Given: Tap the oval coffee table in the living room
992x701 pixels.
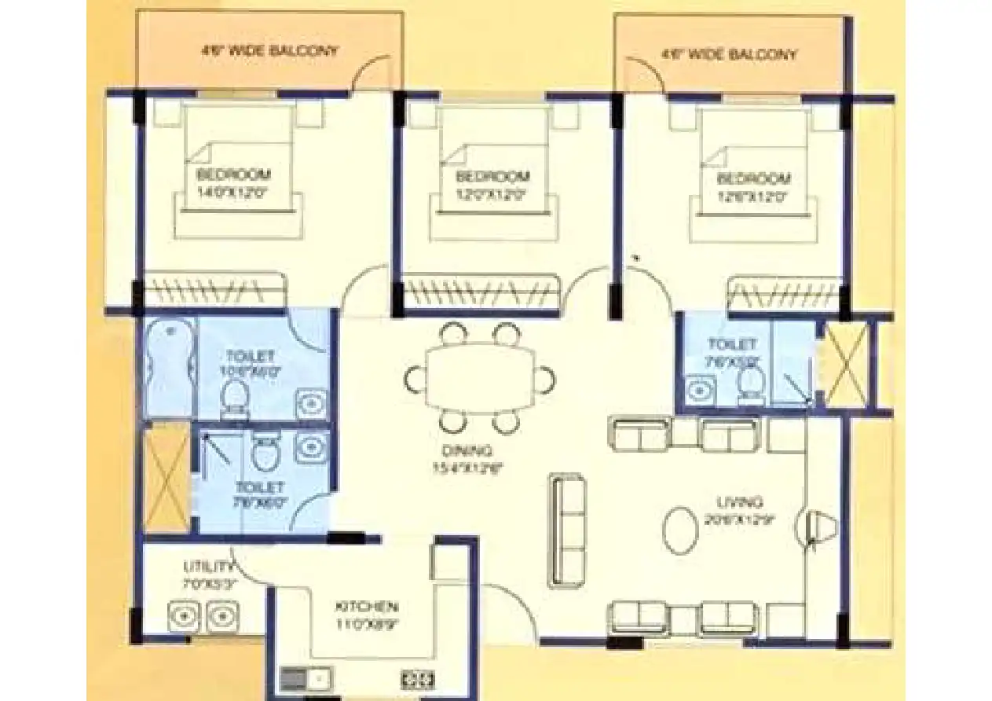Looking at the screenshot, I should tap(680, 531).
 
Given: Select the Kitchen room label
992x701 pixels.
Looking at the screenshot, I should tap(367, 607).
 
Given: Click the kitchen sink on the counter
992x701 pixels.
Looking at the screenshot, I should tap(306, 677).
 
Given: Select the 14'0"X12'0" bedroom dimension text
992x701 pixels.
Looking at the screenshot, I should tap(233, 191).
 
